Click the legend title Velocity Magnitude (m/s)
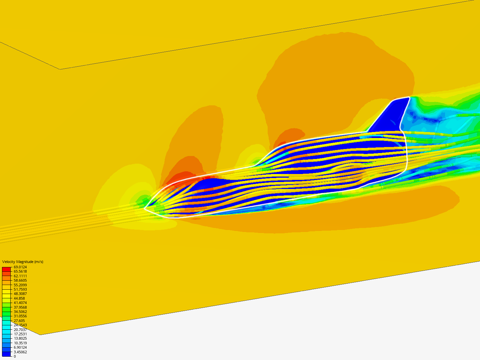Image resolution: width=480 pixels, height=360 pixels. pos(23,262)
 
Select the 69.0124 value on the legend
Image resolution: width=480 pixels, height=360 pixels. pos(20,267)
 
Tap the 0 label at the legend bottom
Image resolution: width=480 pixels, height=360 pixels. pos(15,356)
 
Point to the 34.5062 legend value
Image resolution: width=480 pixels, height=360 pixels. pos(20,312)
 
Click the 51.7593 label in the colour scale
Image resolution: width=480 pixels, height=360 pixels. pos(20,289)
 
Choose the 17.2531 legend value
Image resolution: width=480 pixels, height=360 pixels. pos(20,334)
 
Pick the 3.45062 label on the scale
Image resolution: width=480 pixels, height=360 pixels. pos(20,352)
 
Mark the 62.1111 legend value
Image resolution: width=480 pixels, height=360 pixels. pos(20,276)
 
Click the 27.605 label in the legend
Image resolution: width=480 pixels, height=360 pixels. pos(19,321)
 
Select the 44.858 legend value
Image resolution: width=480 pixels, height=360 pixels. pos(19,298)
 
